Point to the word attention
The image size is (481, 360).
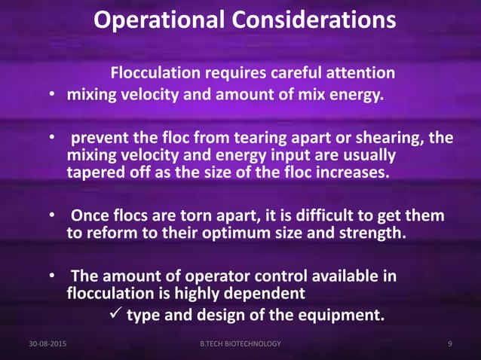[x=362, y=74]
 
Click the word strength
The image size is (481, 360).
[x=372, y=233]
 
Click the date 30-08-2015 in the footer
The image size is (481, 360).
[x=47, y=344]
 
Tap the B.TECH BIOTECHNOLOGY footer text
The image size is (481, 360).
[x=240, y=344]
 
